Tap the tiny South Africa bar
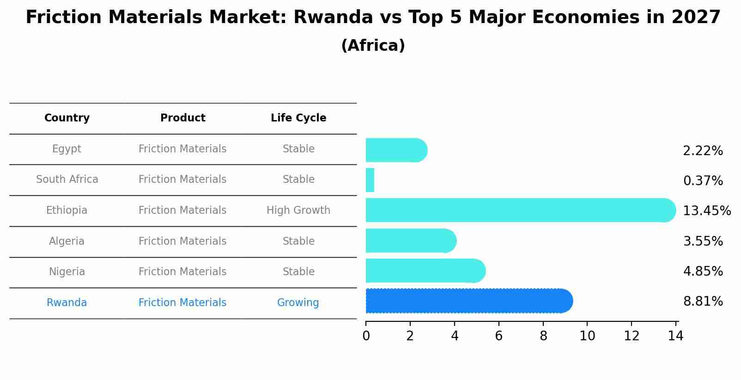pos(370,180)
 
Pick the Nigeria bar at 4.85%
pos(425,271)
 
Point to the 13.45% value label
pos(706,211)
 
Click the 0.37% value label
pos(703,181)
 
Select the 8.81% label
pos(703,302)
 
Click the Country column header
pos(67,118)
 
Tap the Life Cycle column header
pos(298,118)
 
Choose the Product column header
pos(182,118)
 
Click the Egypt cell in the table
pos(67,149)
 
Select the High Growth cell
pos(298,211)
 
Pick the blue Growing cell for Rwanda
pos(298,303)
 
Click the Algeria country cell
pos(67,241)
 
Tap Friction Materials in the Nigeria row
pos(182,272)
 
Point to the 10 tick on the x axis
pos(587,336)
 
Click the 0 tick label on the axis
pos(366,336)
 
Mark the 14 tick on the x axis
pos(675,336)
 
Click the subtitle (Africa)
pos(373,46)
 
